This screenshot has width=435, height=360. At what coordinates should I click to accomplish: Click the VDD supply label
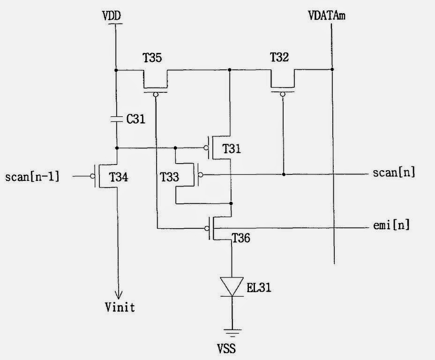112,16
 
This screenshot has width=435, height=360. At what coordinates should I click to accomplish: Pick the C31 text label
136,119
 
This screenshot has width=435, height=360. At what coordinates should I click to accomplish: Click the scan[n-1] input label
32,177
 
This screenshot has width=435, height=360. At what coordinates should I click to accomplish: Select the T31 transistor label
232,149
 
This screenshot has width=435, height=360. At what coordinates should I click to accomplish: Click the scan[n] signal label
394,172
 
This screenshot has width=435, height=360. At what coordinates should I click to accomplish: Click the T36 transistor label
240,239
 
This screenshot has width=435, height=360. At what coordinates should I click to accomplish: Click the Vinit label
120,307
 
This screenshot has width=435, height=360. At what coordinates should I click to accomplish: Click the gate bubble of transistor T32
283,94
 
